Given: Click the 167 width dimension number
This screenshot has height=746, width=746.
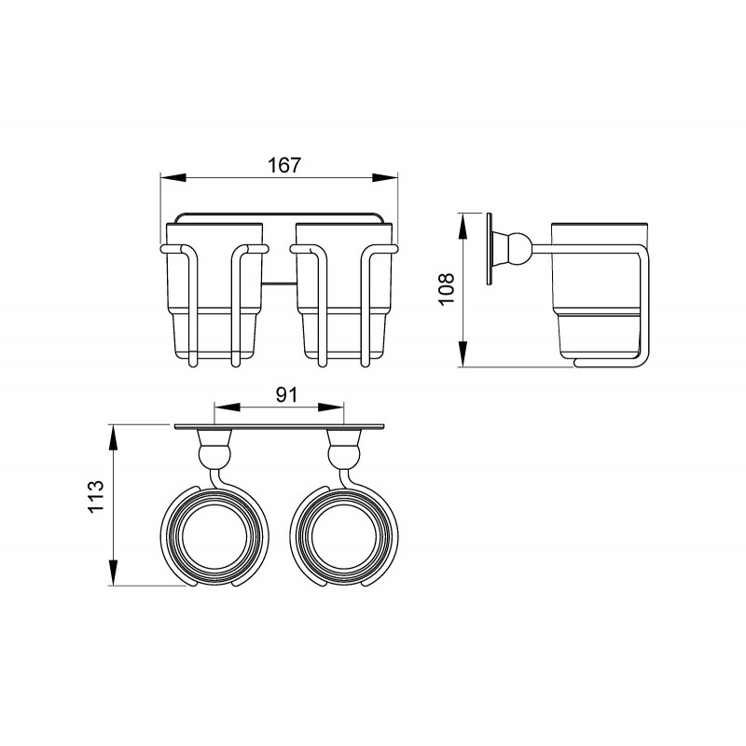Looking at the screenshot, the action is pos(284,165).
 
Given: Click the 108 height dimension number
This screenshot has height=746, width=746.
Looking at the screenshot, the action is pos(447,289).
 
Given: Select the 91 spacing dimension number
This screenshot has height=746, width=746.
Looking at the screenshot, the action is pos(287,394).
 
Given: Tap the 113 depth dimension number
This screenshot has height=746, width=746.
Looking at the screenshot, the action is pos(96,496).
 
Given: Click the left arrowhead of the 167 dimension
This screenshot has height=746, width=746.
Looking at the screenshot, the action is pos(173,177).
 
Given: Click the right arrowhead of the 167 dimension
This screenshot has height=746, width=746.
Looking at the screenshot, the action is pos(385,177).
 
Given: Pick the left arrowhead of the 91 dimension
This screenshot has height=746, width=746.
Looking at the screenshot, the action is pos(227,408).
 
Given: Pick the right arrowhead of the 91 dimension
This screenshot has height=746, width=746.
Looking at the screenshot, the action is pos(331,408).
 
